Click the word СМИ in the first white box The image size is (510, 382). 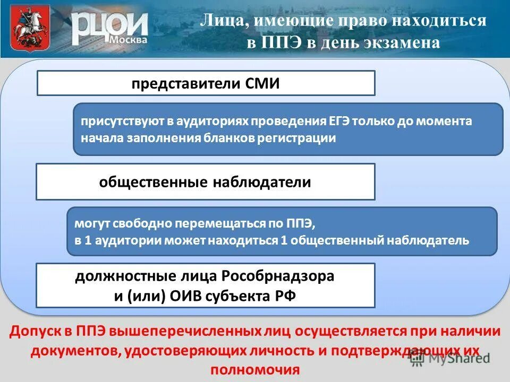tap(262, 84)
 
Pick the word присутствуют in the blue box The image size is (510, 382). tap(122, 121)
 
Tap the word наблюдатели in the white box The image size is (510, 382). tap(262, 182)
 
